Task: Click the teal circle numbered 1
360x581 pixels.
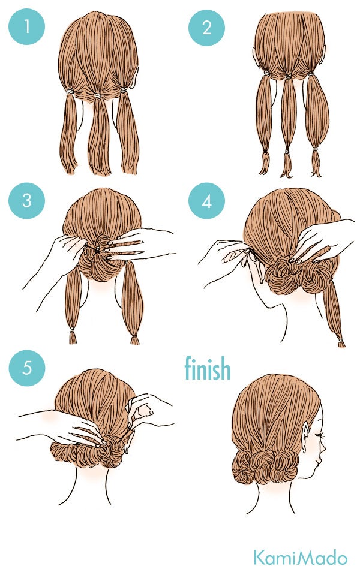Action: click(x=26, y=26)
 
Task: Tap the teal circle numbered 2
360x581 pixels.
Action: click(x=206, y=28)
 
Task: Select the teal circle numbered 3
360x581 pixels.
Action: click(x=26, y=201)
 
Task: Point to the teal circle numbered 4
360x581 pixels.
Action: click(x=206, y=201)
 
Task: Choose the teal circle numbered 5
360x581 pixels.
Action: click(x=26, y=368)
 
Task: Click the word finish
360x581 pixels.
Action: click(x=208, y=368)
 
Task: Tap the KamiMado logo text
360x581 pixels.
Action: click(x=301, y=558)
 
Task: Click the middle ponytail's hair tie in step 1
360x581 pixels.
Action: click(x=98, y=96)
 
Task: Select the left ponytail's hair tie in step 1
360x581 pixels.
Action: click(x=70, y=91)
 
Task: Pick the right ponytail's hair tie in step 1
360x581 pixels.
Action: click(x=123, y=90)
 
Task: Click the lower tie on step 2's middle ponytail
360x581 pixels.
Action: click(x=287, y=151)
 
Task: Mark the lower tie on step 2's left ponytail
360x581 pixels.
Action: click(x=265, y=151)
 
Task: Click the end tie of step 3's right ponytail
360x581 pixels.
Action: click(x=134, y=336)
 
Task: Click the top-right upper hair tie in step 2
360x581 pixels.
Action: click(x=311, y=74)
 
